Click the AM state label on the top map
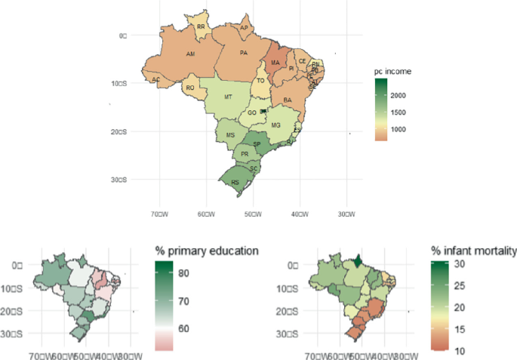[191, 55]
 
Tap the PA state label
[244, 54]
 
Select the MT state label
[228, 97]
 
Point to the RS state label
[235, 182]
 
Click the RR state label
[201, 26]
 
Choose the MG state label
[275, 125]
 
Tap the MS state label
[231, 135]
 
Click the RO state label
[190, 88]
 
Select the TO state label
[261, 81]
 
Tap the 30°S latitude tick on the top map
[116, 180]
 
